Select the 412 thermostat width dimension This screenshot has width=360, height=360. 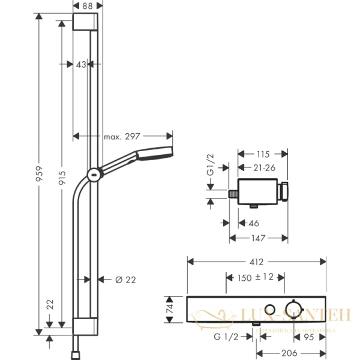tap(257, 262)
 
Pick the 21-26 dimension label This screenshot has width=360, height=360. tap(263, 167)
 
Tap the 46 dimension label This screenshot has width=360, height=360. tap(253, 223)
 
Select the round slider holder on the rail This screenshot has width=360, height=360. tap(94, 175)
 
